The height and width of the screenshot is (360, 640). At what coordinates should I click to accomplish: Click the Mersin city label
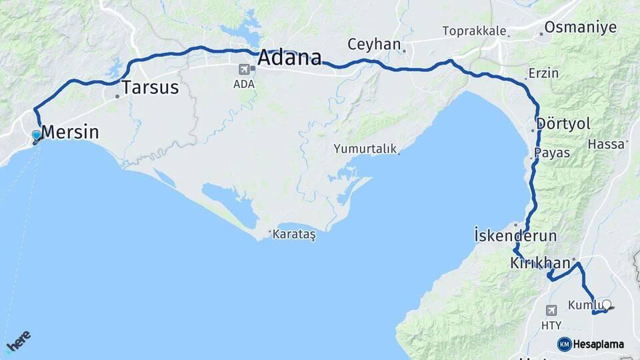click(x=70, y=132)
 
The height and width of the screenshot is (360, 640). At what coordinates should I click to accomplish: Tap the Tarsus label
click(x=151, y=87)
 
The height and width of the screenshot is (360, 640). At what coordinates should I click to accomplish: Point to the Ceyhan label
click(x=374, y=45)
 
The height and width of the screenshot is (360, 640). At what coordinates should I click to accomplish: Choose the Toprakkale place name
click(x=475, y=31)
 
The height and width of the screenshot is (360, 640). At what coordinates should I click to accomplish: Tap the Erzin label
click(x=543, y=73)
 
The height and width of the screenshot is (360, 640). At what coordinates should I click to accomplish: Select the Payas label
click(x=553, y=153)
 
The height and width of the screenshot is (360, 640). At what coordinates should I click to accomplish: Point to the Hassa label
click(x=605, y=143)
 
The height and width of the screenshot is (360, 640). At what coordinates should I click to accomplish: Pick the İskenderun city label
click(x=515, y=235)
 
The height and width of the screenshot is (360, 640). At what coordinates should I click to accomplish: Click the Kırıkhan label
click(x=540, y=263)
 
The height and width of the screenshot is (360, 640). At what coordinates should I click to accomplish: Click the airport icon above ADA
click(x=244, y=69)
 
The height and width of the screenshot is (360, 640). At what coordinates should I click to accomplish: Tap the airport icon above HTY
click(x=551, y=311)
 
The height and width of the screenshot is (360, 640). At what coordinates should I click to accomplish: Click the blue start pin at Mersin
click(x=36, y=136)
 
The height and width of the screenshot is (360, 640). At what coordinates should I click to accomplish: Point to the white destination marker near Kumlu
click(x=606, y=305)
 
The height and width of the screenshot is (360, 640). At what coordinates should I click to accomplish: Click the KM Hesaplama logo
click(x=591, y=344)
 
